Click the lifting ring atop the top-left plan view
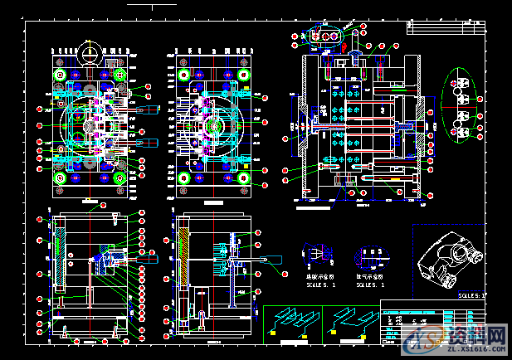90,54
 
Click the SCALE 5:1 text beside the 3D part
471,294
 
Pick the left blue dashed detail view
316,252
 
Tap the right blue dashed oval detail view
367,253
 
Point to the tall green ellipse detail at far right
461,105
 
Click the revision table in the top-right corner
443,27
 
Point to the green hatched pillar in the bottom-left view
57,256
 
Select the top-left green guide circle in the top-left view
61,75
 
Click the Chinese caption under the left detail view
318,276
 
